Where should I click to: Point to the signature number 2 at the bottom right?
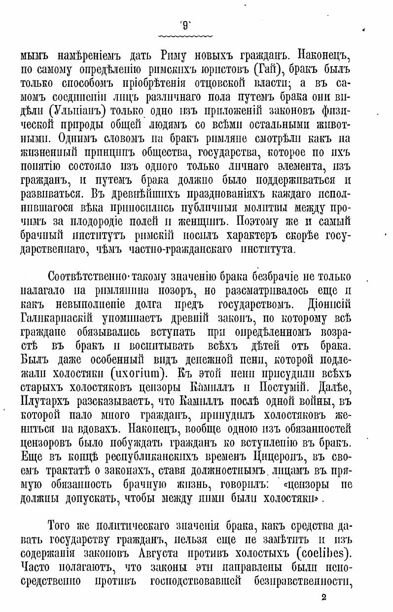click(x=324, y=597)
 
